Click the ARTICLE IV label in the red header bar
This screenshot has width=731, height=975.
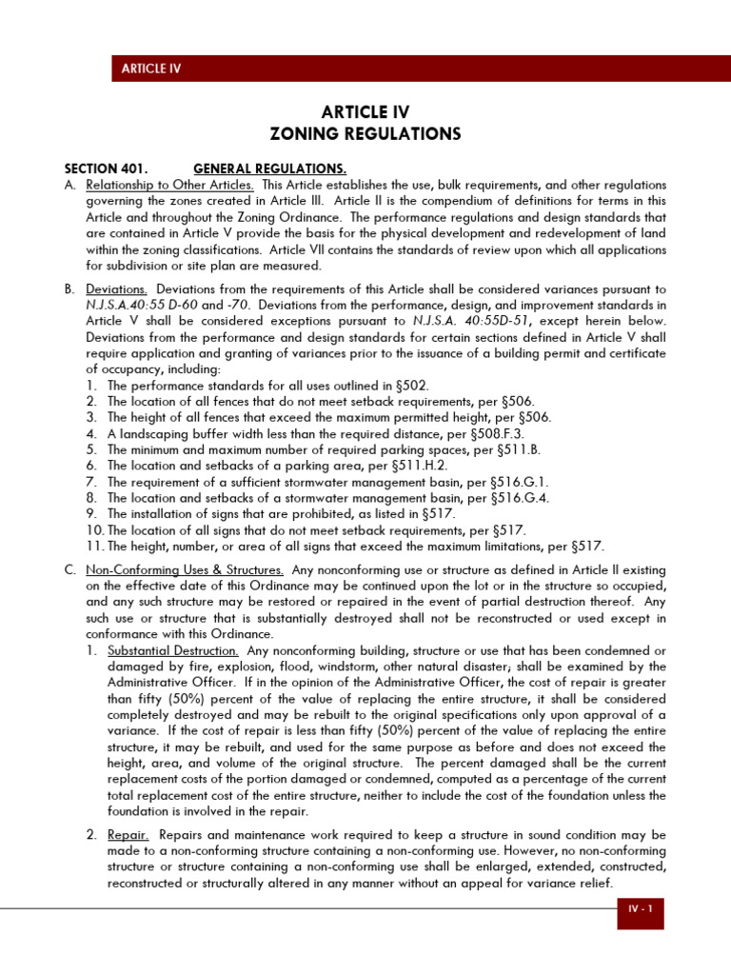point(150,68)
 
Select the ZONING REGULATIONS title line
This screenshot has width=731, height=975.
point(365,134)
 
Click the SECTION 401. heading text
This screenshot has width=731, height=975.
point(106,169)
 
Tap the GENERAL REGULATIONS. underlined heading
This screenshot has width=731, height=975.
point(269,169)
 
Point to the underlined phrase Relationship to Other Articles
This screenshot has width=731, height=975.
point(169,184)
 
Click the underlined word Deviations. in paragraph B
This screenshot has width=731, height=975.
point(116,289)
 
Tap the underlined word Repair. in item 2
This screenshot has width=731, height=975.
point(128,835)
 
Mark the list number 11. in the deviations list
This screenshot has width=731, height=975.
point(94,547)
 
